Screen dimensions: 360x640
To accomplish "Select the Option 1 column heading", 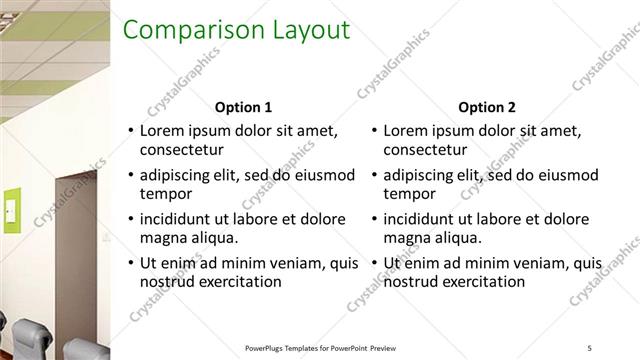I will coord(243,107).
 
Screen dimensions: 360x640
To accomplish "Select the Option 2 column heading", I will coord(487,107).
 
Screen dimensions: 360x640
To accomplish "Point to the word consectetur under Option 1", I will coord(180,150).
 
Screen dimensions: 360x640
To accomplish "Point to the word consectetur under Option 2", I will coord(424,150).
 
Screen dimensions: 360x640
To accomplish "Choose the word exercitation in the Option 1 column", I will coord(235,282).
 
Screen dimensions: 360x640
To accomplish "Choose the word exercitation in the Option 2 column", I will coord(479,282).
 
